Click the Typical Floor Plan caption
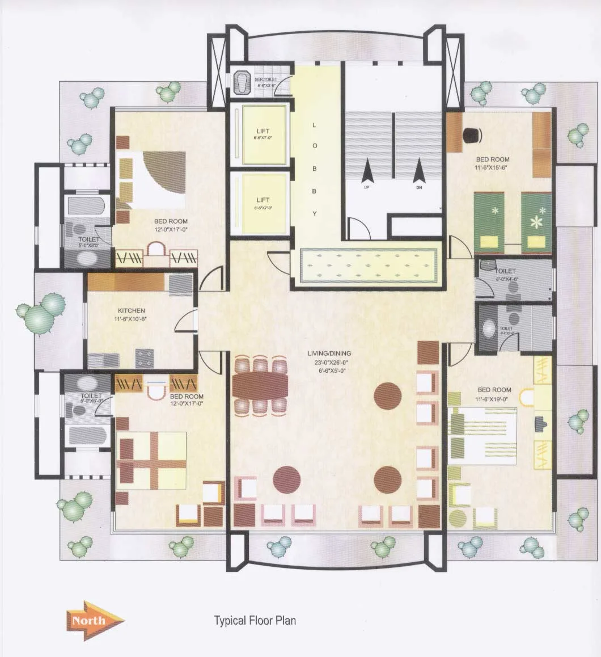pyautogui.click(x=255, y=620)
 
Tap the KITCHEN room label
pyautogui.click(x=131, y=311)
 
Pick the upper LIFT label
pyautogui.click(x=263, y=132)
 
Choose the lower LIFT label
pyautogui.click(x=263, y=200)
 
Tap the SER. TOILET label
pyautogui.click(x=265, y=80)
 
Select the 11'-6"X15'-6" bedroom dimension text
pyautogui.click(x=492, y=169)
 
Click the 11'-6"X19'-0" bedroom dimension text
pyautogui.click(x=494, y=399)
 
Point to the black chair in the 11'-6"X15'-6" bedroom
pyautogui.click(x=472, y=134)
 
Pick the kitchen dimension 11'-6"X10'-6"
pyautogui.click(x=131, y=320)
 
